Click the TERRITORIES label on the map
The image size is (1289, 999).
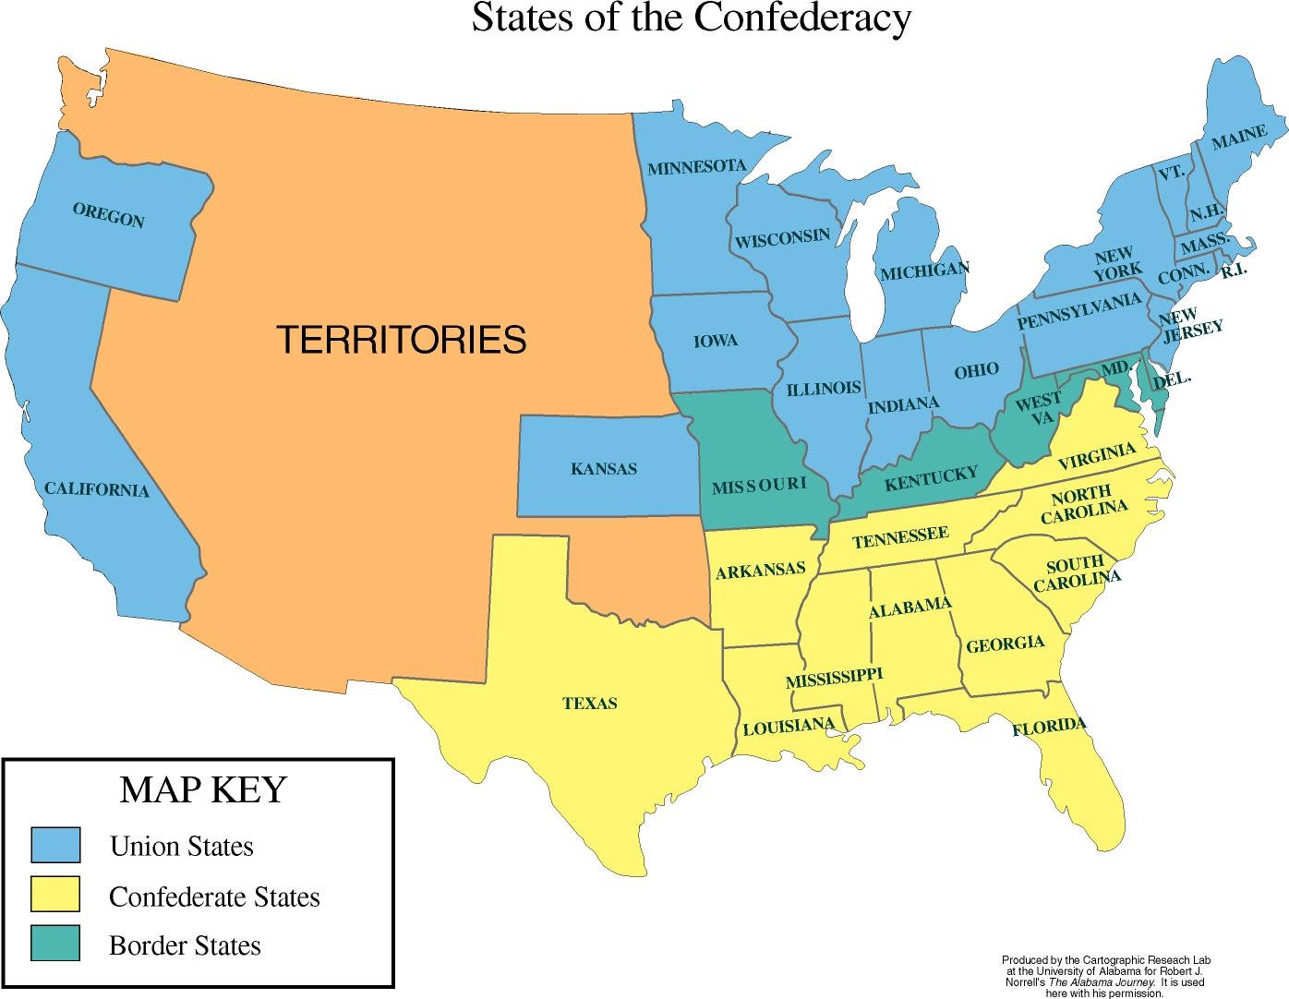[x=402, y=340]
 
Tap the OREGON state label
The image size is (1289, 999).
[x=108, y=216]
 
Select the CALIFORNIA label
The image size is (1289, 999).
[x=96, y=488]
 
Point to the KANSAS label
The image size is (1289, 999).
[x=604, y=469]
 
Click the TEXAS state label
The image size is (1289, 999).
[x=589, y=704]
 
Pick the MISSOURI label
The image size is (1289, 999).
[x=759, y=485]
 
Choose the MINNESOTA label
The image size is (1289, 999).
[x=696, y=167]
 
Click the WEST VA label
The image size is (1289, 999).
[x=1038, y=409]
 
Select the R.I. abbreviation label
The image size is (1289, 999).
[x=1235, y=271]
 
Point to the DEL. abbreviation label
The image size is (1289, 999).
[x=1173, y=378]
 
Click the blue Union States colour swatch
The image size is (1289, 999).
[x=55, y=845]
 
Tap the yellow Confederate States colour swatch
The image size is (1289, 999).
[x=55, y=895]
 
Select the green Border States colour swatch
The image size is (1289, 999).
[x=55, y=944]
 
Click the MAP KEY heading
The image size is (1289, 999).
[x=203, y=790]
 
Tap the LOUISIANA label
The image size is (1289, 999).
[x=789, y=726]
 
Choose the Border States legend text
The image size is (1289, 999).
[x=185, y=946]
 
